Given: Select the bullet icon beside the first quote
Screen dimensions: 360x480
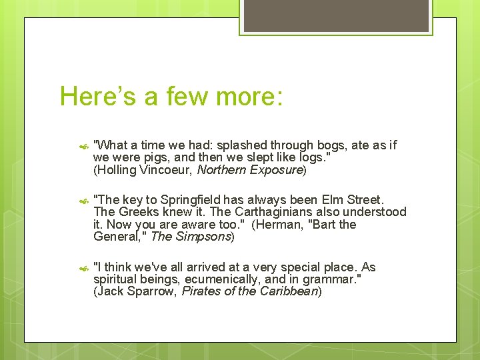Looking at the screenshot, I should click(83, 145).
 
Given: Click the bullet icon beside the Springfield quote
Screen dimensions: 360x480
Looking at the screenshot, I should click(83, 200).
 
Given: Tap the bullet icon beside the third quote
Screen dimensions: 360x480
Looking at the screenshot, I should click(83, 268).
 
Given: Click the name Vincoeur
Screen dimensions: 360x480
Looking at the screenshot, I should click(166, 170).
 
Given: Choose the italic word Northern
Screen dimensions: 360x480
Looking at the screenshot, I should click(223, 170).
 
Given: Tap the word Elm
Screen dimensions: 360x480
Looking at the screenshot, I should click(334, 200).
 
